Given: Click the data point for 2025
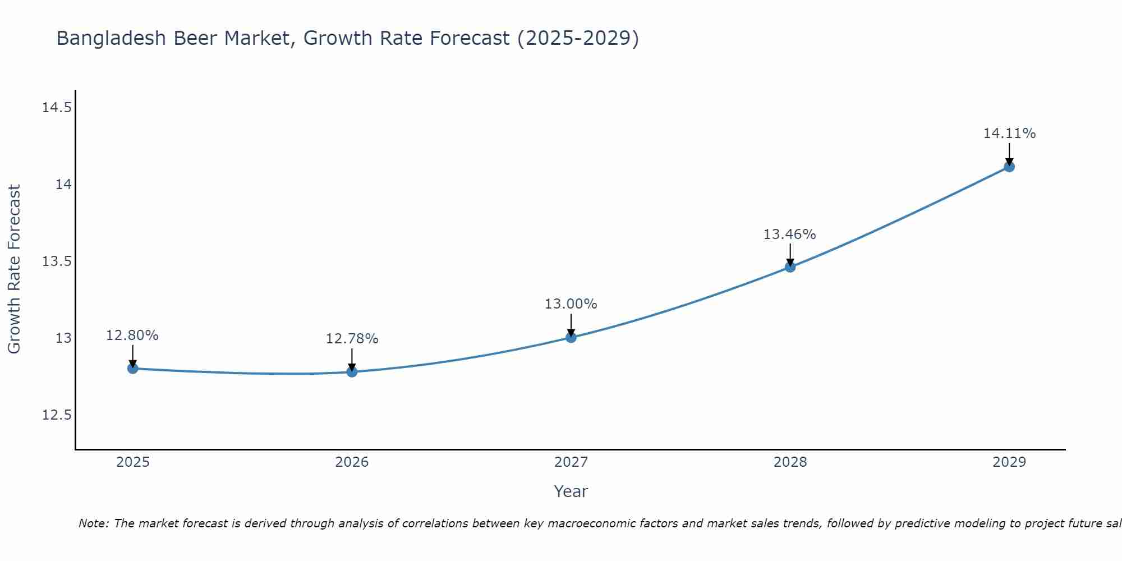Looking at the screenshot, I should tap(133, 369).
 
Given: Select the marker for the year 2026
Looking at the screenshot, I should tap(352, 371).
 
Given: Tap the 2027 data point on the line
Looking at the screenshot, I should tap(571, 337).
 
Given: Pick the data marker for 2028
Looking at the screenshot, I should tap(790, 267).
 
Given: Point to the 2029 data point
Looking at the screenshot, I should tap(1009, 167).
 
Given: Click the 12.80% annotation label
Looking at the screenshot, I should tap(132, 335).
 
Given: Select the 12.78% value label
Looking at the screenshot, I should tap(352, 339).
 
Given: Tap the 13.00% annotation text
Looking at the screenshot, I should tap(571, 304).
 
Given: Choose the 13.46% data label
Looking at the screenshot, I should tap(789, 234).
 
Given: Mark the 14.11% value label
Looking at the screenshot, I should tap(1009, 134).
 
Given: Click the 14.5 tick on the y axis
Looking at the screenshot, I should tap(57, 107).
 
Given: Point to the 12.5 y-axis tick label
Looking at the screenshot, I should tap(57, 415).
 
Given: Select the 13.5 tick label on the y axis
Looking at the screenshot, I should tap(57, 261).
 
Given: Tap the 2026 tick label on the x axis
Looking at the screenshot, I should tap(352, 462).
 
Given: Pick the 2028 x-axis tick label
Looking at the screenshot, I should tap(790, 462).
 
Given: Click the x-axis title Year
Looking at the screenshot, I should tap(571, 491).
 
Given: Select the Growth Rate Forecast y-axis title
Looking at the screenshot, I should tap(15, 269).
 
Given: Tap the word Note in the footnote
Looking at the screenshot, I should tap(93, 523).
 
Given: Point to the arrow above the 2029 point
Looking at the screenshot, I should tap(1009, 154).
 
